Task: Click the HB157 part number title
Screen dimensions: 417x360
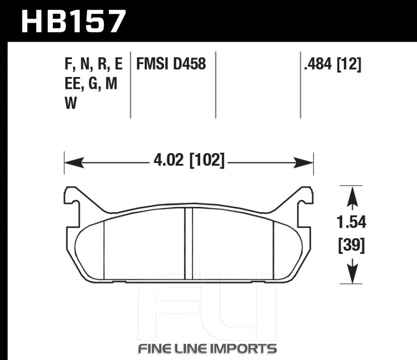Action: click(73, 21)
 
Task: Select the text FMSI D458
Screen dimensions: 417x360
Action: click(171, 64)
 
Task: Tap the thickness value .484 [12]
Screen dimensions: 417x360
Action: click(333, 64)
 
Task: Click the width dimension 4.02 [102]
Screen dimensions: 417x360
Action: click(189, 161)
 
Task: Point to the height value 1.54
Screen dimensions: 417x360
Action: click(351, 222)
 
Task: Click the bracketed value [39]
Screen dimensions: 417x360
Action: click(351, 245)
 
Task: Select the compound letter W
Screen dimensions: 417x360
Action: click(71, 103)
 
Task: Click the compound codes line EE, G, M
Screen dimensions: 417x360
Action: click(91, 84)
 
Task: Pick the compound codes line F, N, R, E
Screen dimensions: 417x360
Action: click(93, 64)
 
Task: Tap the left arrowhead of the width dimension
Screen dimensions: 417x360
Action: click(74, 162)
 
